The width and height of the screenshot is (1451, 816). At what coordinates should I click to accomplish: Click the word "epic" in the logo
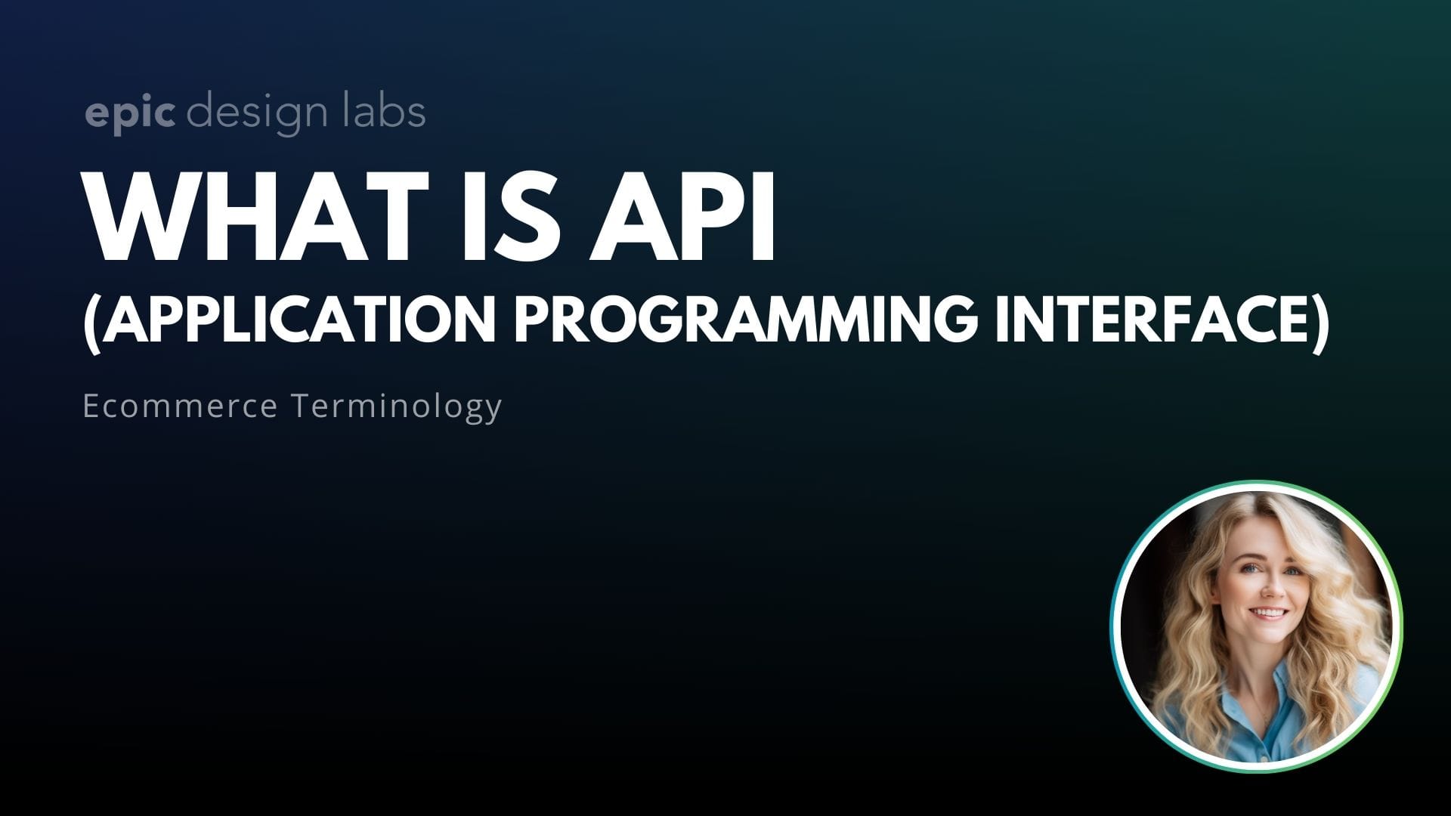(130, 113)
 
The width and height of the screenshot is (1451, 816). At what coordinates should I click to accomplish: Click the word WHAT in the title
(261, 216)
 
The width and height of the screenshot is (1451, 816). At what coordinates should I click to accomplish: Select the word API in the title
(680, 216)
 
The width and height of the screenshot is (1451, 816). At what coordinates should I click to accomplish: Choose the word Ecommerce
(180, 406)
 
